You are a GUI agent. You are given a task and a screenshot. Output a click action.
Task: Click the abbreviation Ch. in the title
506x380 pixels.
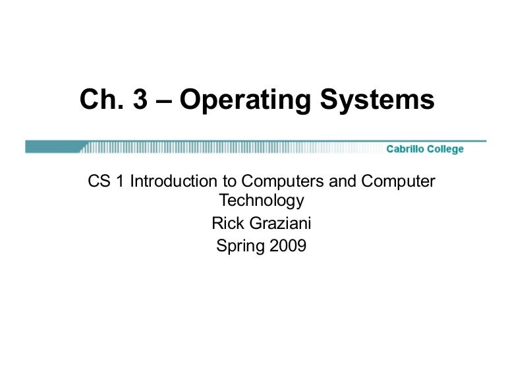click(99, 100)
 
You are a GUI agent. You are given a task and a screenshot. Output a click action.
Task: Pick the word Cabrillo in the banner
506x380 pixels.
click(406, 149)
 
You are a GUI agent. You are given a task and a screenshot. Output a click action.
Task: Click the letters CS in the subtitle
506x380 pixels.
click(98, 181)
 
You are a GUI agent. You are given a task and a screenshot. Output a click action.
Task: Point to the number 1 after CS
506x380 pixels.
click(120, 181)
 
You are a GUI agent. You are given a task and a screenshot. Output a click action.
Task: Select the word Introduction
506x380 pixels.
click(168, 181)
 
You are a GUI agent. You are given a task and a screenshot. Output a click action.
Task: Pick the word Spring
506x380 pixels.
click(240, 246)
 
